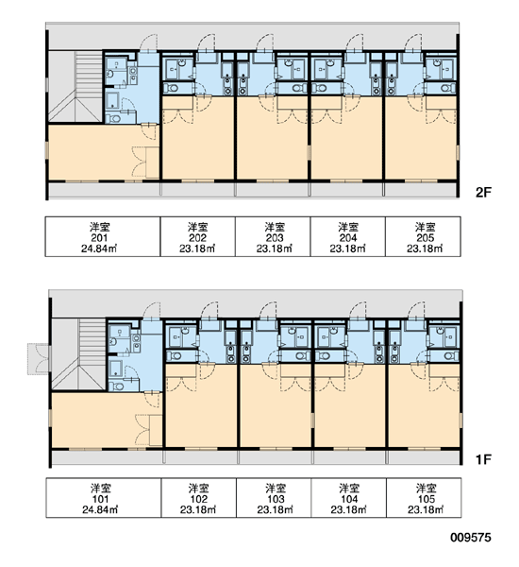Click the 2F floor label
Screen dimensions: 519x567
tap(483, 193)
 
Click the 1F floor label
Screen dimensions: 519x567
tap(483, 459)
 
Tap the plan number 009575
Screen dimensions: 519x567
tap(471, 538)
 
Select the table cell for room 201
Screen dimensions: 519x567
tap(103, 237)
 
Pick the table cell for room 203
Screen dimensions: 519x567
tap(273, 237)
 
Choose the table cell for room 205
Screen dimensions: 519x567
tap(423, 237)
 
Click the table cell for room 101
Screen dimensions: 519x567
tap(103, 498)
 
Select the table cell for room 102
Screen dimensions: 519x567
tap(199, 498)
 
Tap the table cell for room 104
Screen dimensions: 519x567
tap(349, 498)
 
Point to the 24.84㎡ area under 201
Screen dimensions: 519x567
tap(99, 249)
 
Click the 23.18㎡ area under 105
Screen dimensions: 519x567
tap(427, 510)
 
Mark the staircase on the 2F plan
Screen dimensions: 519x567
tap(75, 87)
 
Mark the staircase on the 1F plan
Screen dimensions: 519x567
tap(78, 354)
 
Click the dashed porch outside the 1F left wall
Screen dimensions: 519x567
tap(39, 359)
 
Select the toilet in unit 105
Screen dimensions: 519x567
tap(450, 356)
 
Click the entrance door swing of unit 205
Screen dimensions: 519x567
tap(412, 43)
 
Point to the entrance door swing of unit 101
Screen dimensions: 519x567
tap(152, 311)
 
